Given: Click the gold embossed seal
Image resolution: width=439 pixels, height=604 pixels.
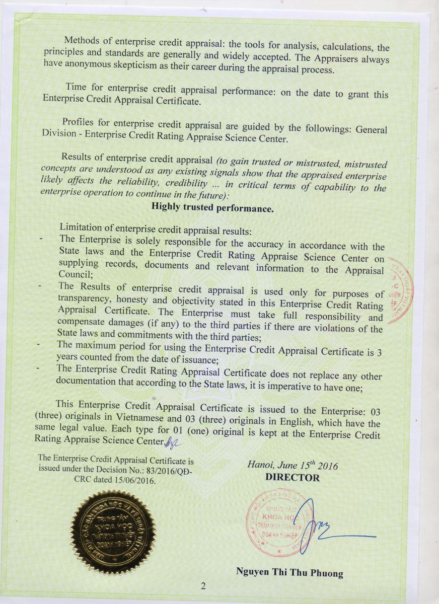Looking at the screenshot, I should (x=113, y=532).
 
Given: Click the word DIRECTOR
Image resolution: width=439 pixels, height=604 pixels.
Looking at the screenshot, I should (x=292, y=478).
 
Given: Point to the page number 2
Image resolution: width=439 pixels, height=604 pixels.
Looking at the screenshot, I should (x=203, y=585).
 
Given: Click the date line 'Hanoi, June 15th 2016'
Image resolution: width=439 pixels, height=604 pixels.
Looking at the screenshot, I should (x=292, y=466).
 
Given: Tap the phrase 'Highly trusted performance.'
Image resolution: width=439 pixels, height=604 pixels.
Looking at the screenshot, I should (x=212, y=207).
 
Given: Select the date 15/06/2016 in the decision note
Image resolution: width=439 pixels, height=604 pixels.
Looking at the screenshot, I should (x=137, y=480).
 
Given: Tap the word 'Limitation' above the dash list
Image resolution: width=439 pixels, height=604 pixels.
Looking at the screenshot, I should (x=81, y=229).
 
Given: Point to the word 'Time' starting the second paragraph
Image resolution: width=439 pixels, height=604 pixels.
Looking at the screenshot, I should (x=76, y=87).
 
